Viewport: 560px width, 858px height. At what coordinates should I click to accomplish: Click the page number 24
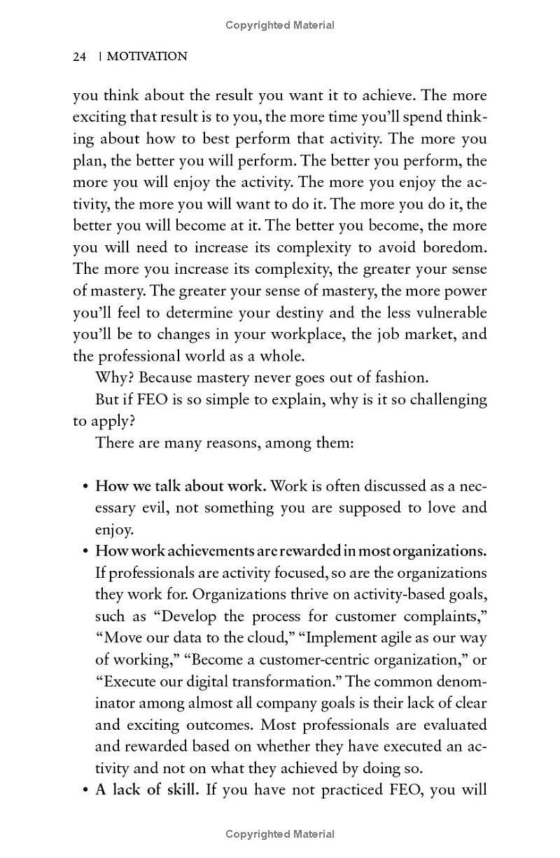(x=79, y=57)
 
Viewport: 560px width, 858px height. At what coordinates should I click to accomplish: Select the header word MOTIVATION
(x=146, y=57)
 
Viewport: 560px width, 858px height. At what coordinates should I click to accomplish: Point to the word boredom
(x=454, y=247)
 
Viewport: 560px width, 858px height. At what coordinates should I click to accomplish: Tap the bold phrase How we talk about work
(x=181, y=486)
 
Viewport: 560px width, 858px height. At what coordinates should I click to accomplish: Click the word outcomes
(x=181, y=725)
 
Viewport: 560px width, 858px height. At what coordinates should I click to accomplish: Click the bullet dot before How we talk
(x=85, y=487)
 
